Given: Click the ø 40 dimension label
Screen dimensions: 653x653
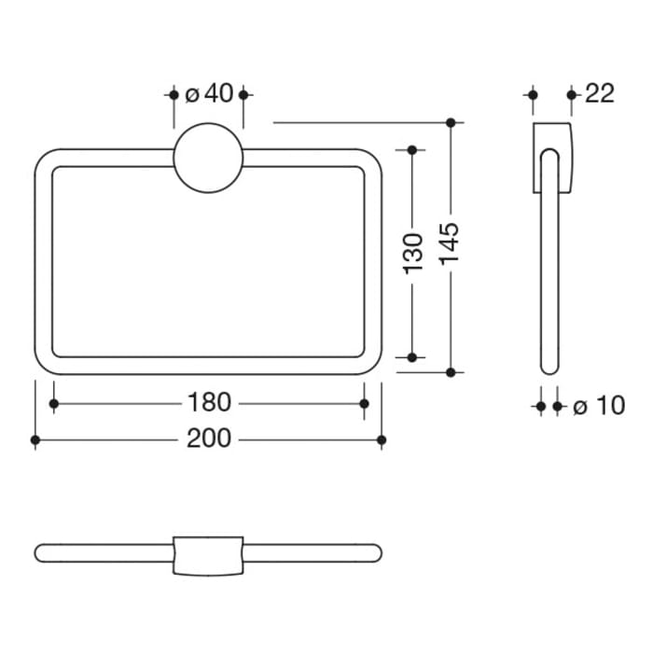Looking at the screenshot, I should click(208, 94).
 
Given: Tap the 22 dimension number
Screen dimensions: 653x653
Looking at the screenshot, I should click(600, 93).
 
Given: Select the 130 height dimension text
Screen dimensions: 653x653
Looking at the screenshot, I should click(414, 253).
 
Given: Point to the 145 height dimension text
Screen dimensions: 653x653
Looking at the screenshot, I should click(450, 244).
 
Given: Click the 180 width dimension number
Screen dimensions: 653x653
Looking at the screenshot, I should click(208, 403).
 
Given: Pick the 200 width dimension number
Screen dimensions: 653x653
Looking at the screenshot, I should click(208, 438).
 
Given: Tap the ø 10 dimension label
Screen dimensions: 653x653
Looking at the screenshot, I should click(598, 406).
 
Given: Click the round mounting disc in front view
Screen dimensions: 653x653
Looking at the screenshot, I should click(208, 159).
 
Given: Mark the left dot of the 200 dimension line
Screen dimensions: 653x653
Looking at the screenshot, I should click(35, 438).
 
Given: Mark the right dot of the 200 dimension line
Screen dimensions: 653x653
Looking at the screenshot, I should click(381, 438).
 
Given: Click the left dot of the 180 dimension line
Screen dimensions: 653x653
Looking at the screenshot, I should click(53, 403).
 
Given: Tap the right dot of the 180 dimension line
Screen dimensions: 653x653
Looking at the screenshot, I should click(364, 403).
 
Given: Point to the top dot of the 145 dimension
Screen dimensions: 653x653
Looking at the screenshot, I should click(450, 122).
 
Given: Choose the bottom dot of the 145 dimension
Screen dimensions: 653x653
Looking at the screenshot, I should click(450, 372).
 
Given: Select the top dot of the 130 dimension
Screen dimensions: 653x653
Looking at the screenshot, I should click(414, 149).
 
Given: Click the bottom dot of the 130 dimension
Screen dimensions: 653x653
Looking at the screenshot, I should click(414, 356).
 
